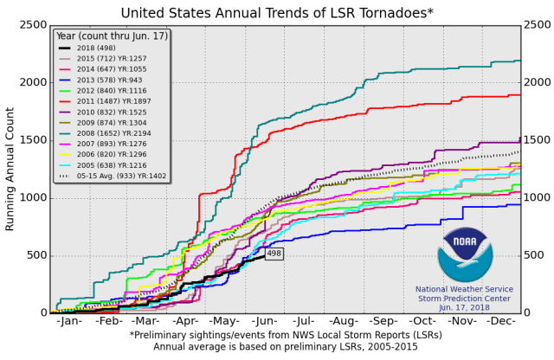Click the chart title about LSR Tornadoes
tap(277, 12)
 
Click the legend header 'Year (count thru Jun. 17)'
tap(111, 35)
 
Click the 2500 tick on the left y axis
tap(31, 25)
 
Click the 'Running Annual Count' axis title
tap(10, 169)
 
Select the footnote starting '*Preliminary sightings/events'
tap(275, 335)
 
